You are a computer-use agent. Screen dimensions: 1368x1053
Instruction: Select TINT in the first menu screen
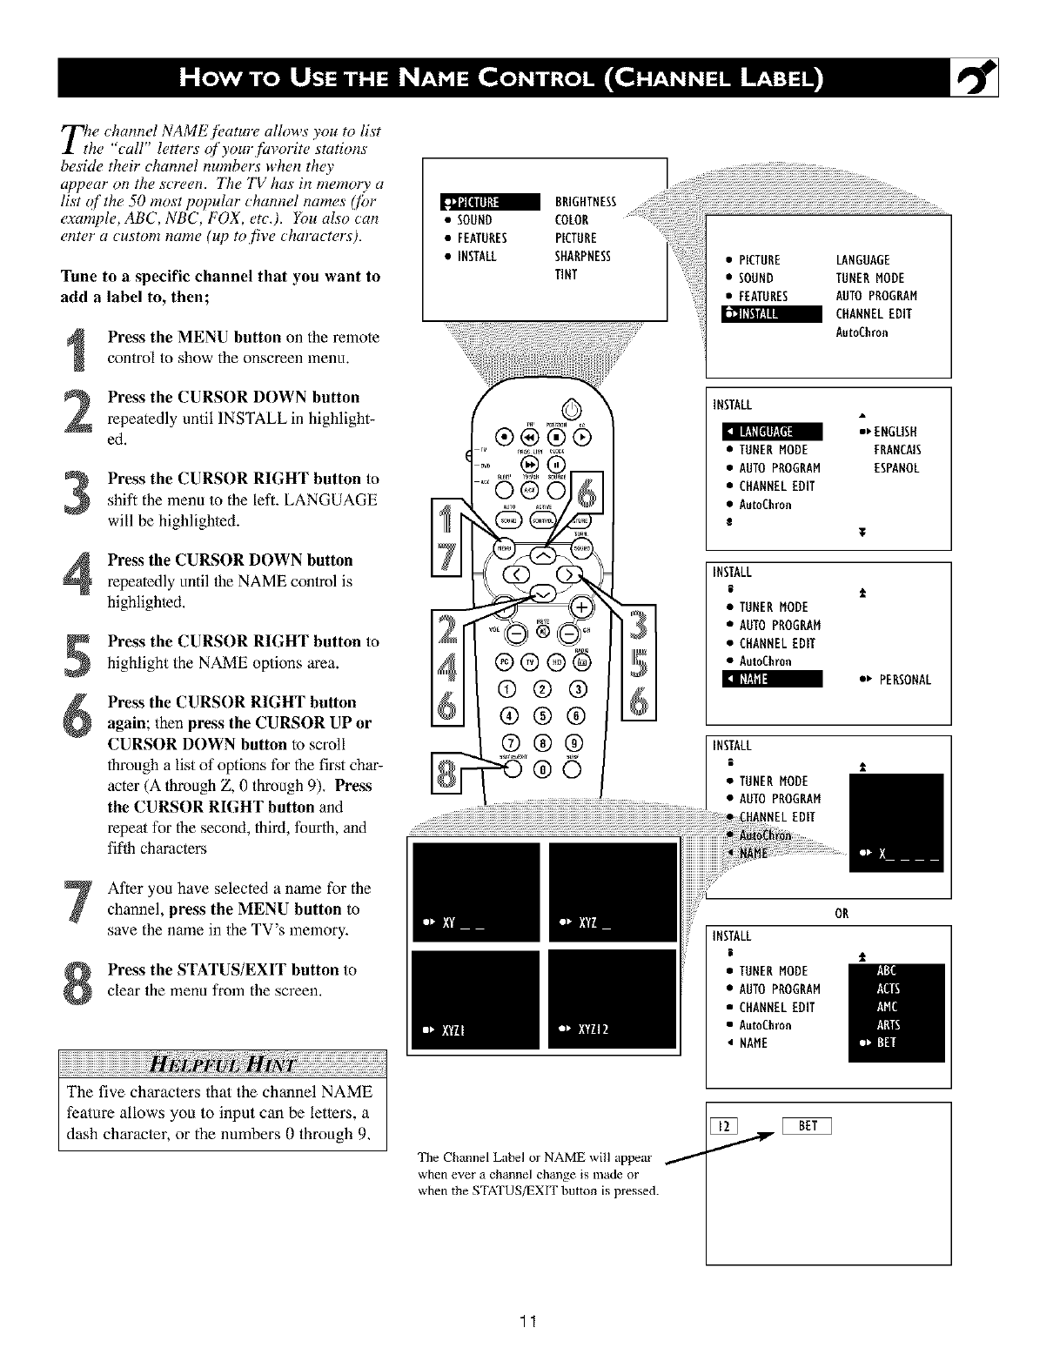coord(567,275)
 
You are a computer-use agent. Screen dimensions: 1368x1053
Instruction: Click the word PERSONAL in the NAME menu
coord(904,680)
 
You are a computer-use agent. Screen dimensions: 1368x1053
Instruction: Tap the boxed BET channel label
coord(808,1126)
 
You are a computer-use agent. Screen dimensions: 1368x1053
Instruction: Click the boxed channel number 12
coord(723,1127)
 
